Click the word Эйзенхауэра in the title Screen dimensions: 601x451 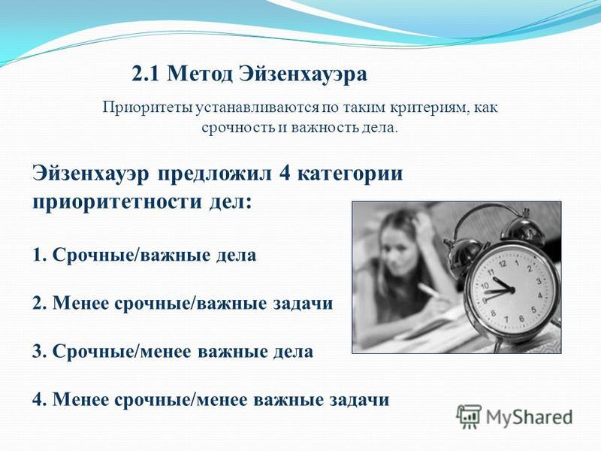(x=303, y=74)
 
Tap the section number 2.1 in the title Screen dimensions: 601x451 (x=145, y=74)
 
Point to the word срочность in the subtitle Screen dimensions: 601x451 (x=238, y=128)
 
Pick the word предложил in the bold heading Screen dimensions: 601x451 (x=215, y=174)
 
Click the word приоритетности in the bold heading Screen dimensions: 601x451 (x=117, y=202)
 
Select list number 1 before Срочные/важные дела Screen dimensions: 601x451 (x=39, y=256)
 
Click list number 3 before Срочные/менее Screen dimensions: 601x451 (x=39, y=352)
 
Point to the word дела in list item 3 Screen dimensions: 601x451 (x=293, y=352)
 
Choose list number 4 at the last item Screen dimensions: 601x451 (x=39, y=400)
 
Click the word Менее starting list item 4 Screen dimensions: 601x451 (x=81, y=400)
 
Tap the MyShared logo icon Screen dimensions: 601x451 (x=469, y=416)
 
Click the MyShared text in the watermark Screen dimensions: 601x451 (x=529, y=417)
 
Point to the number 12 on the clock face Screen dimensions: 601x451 (x=503, y=264)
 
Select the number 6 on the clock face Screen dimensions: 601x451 (x=521, y=318)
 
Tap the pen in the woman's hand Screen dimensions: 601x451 (x=430, y=290)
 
